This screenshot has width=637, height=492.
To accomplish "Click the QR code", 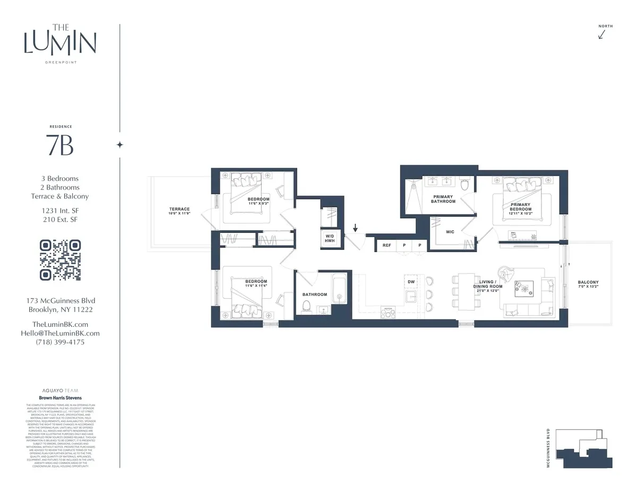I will (61, 260).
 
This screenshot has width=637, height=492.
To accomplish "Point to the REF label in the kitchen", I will (386, 245).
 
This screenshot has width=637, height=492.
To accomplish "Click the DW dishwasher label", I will (410, 281).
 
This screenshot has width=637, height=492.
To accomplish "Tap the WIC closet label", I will (450, 231).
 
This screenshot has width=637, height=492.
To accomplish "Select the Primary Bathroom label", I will (443, 199).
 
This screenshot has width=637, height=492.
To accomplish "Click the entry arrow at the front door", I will (355, 229).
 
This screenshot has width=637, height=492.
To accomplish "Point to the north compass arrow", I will (602, 34).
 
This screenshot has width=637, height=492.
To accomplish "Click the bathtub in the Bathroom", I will (339, 290).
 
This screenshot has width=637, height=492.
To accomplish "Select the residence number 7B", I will (60, 145).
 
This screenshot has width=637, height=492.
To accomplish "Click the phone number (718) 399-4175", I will (60, 342).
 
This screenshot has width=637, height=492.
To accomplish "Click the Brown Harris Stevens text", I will (60, 398).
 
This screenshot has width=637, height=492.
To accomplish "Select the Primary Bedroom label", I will (521, 207).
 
